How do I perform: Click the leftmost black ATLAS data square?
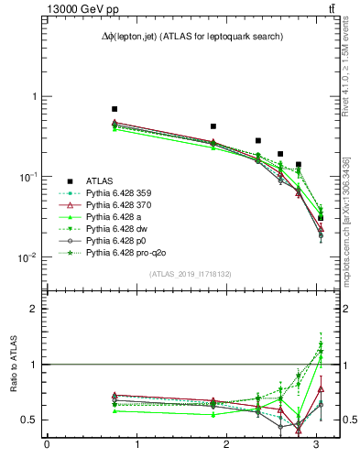coord(115,109)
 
